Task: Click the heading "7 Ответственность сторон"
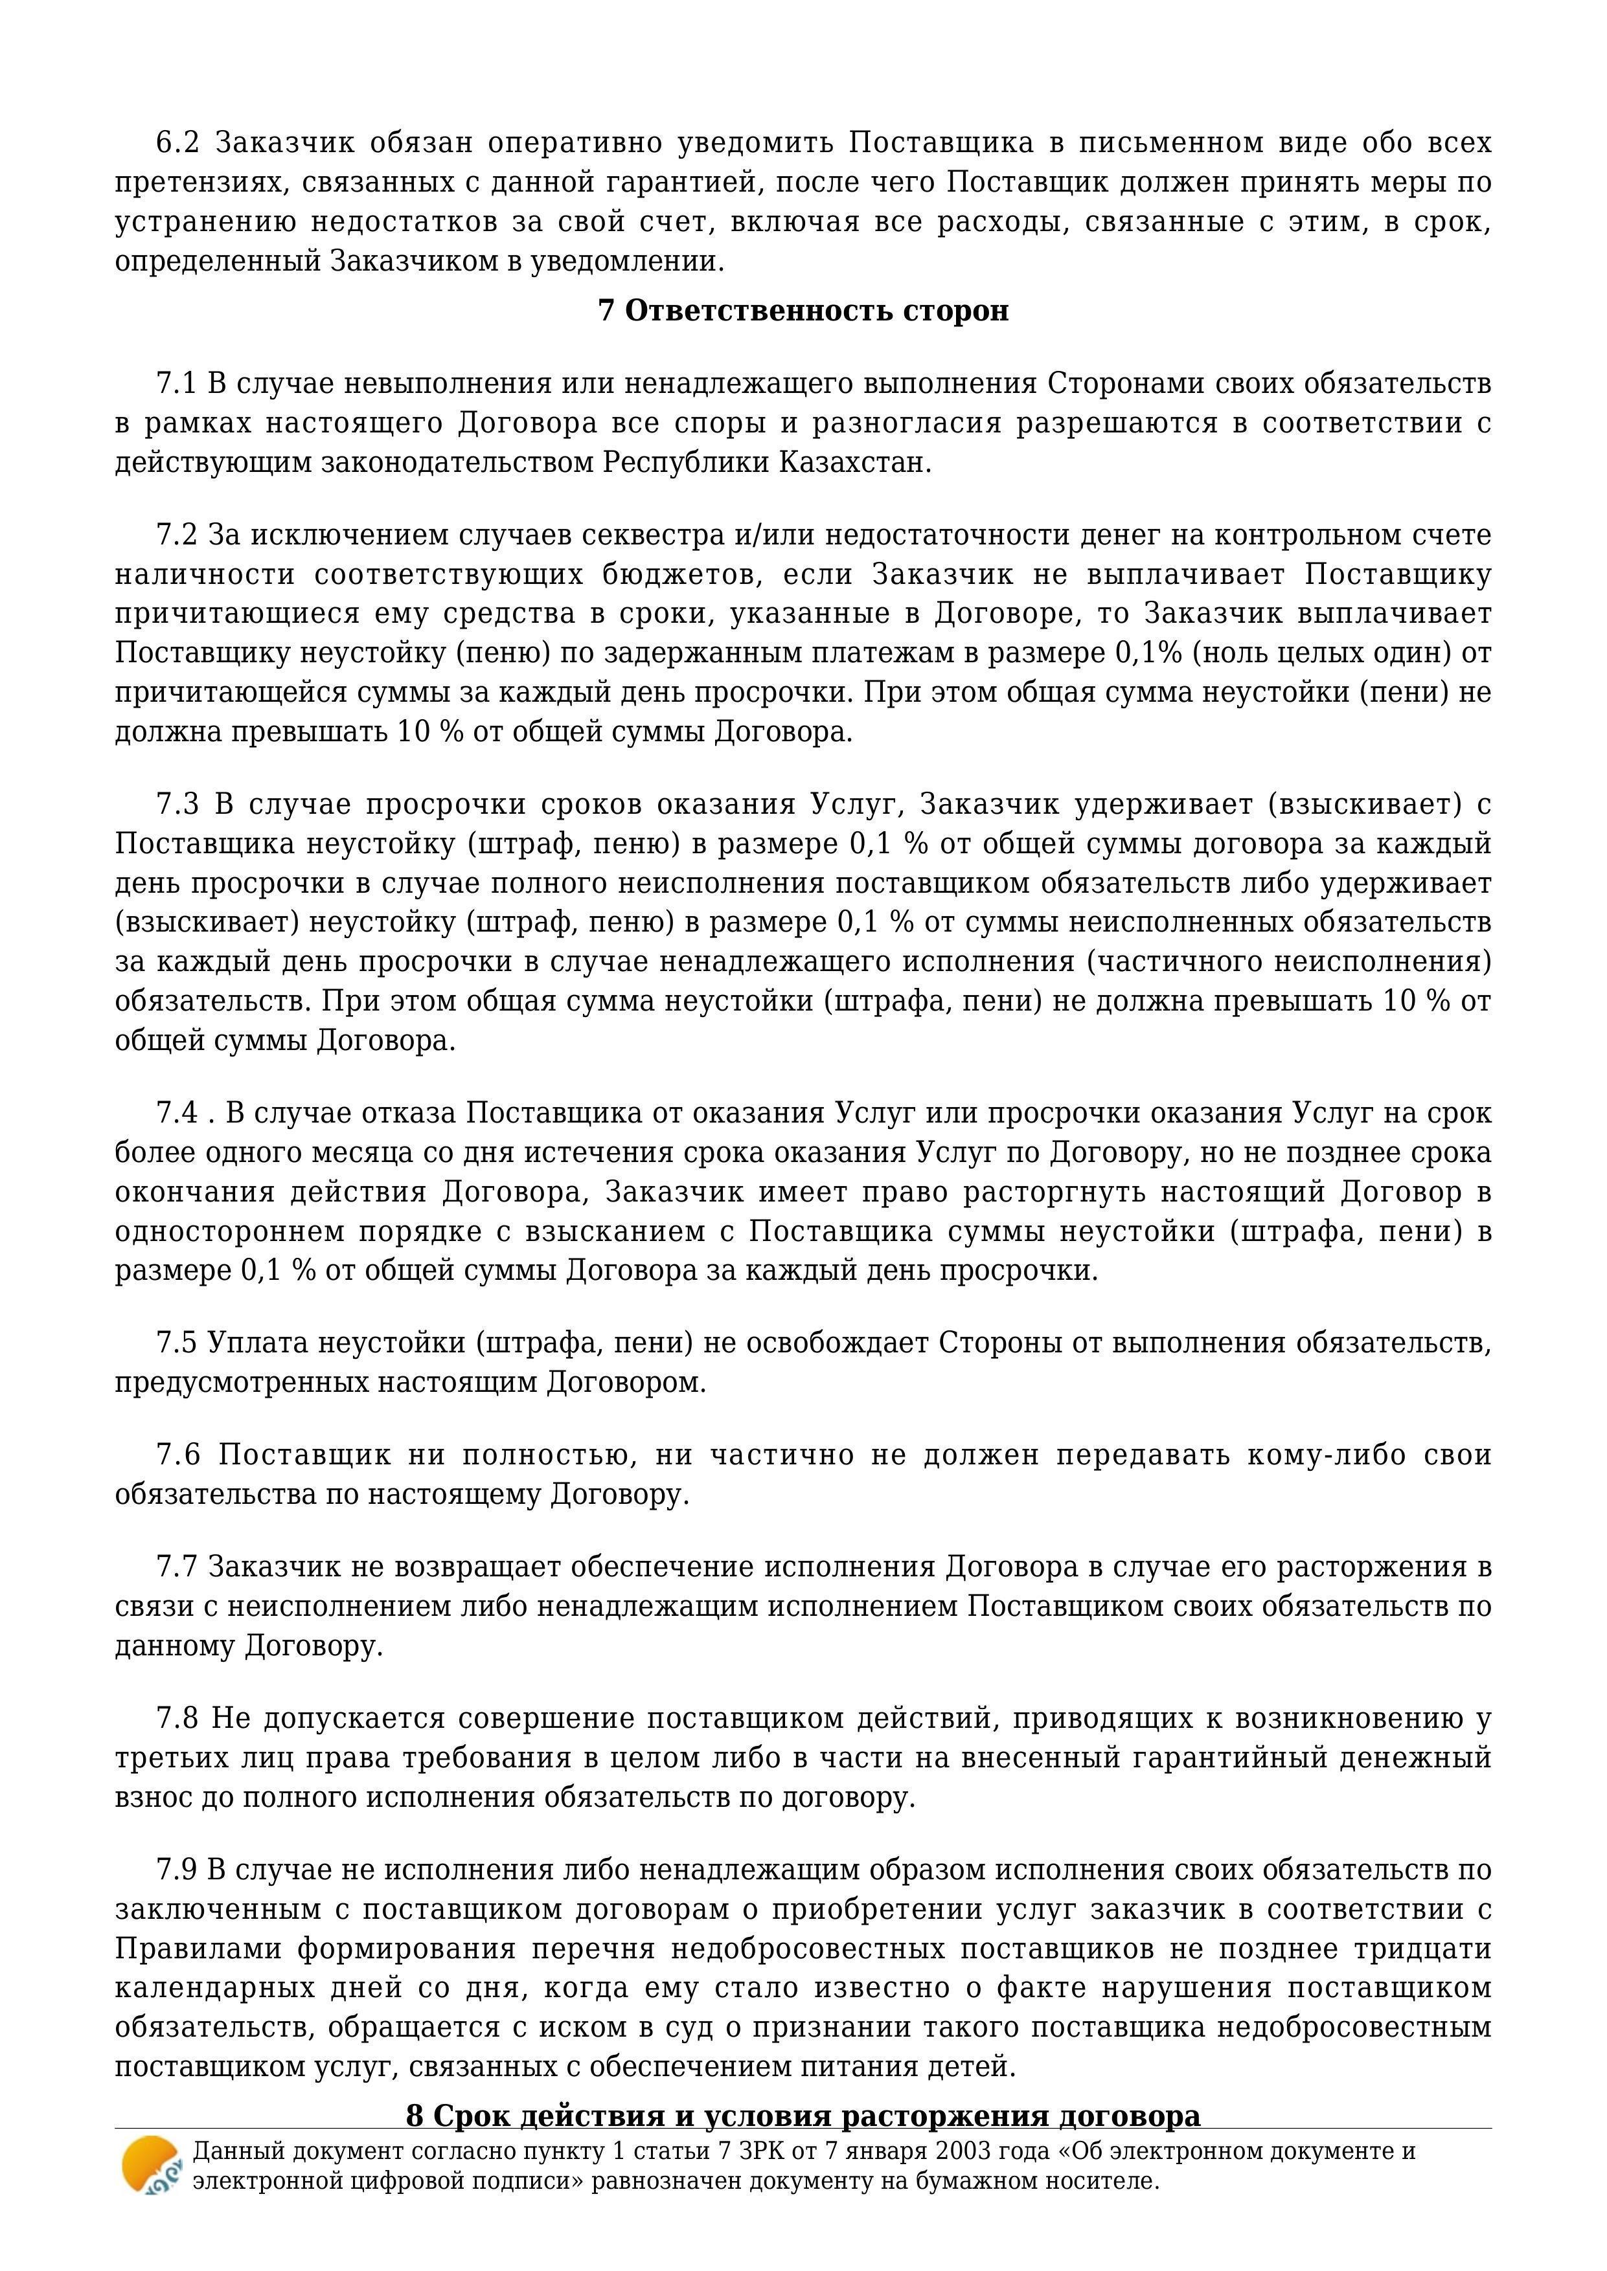(803, 311)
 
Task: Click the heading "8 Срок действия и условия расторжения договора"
(803, 2116)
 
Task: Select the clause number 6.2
(178, 144)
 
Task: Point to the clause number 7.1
(178, 384)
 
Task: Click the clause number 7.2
(178, 535)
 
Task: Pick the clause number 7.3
(178, 804)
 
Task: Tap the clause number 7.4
(178, 1113)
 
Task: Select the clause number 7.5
(178, 1343)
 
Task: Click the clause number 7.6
(178, 1455)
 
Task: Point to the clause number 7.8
(178, 1718)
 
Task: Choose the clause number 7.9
(178, 1870)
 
